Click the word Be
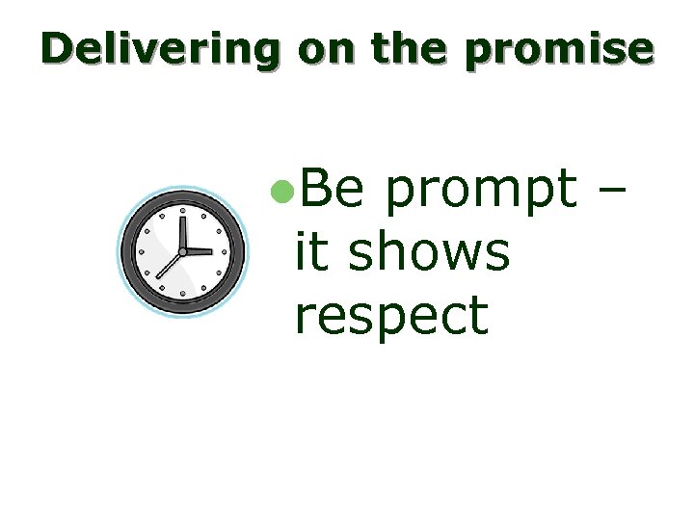[x=331, y=190]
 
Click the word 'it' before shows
[x=310, y=252]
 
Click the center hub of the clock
[x=182, y=251]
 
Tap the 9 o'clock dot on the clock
[x=141, y=251]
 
